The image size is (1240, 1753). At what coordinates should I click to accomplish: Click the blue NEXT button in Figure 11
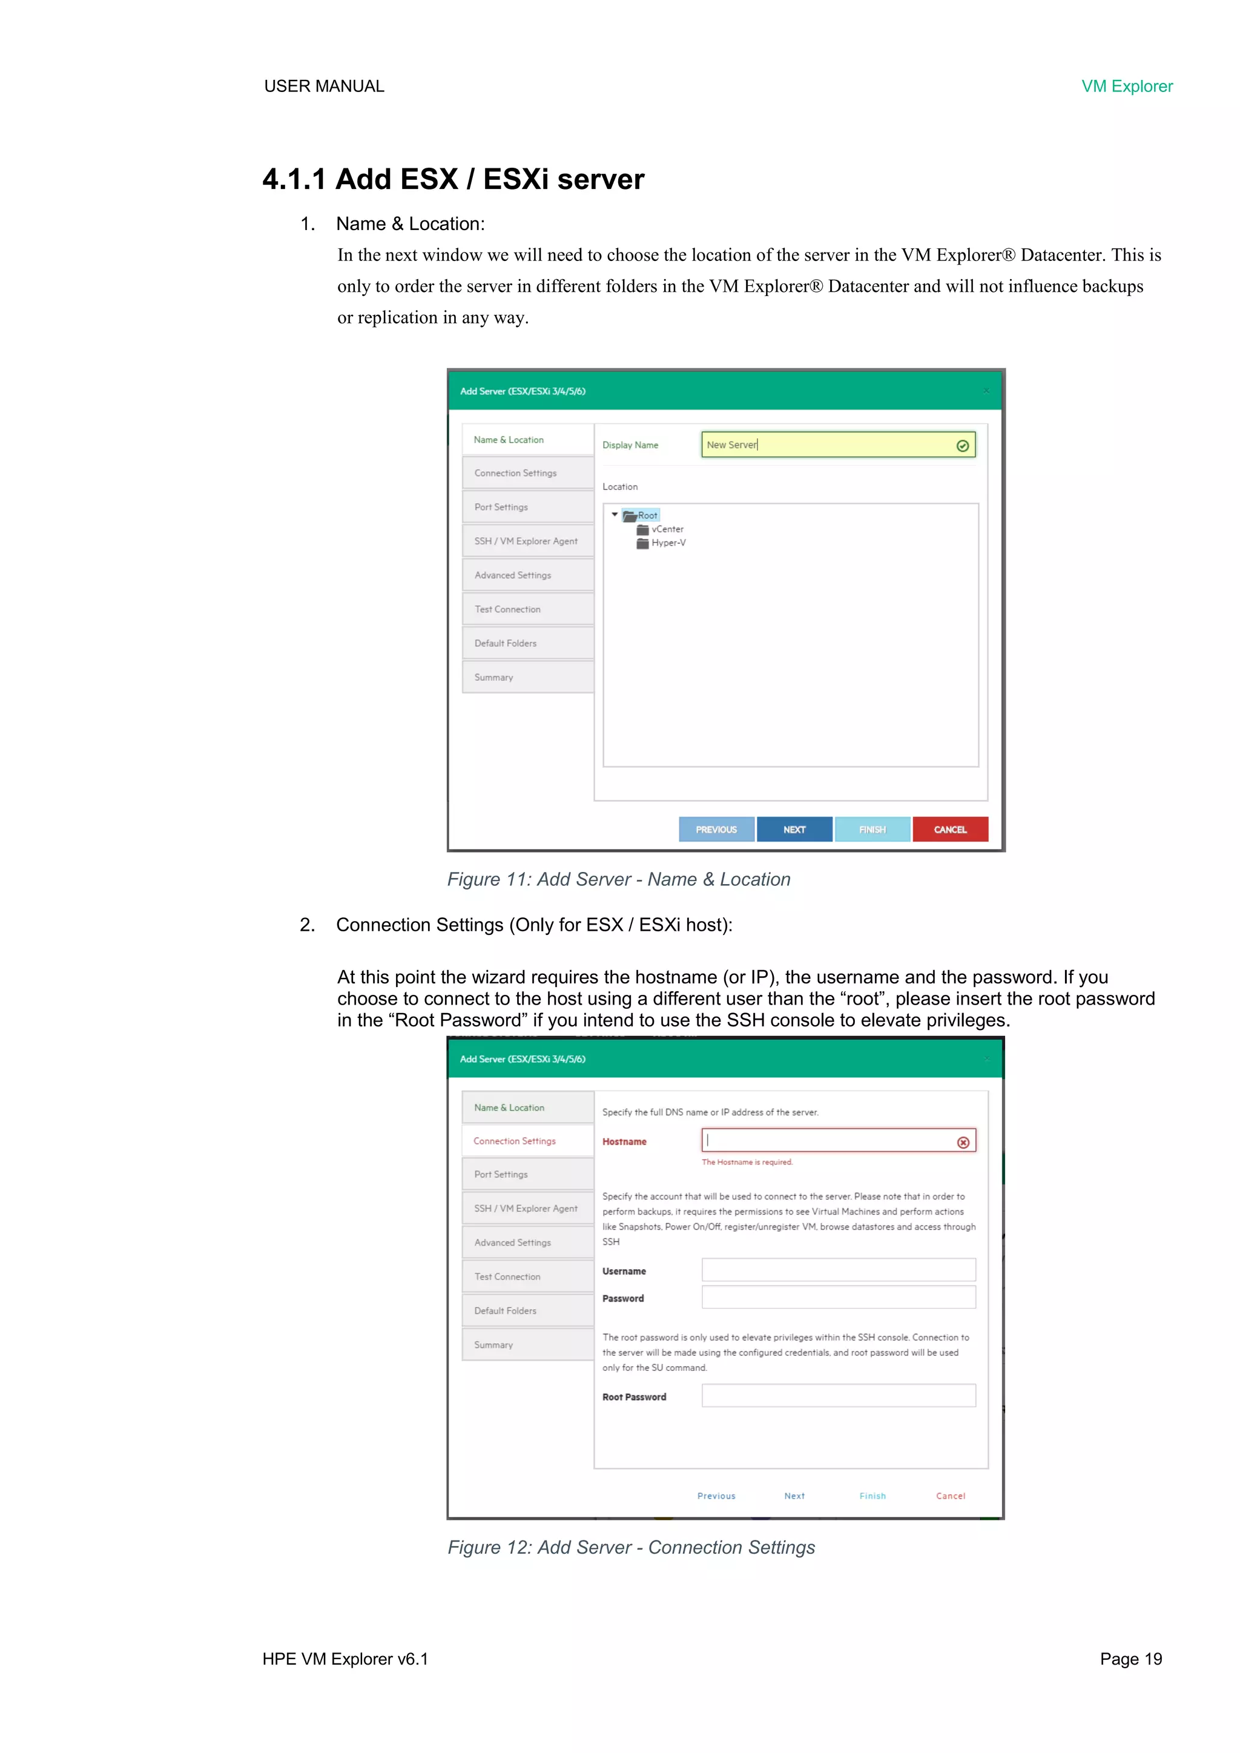pyautogui.click(x=794, y=829)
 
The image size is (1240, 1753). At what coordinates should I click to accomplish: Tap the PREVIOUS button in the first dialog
pyautogui.click(x=716, y=829)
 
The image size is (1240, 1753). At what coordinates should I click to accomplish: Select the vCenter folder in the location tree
pyautogui.click(x=667, y=529)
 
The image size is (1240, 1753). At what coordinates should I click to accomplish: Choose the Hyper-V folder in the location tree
pyautogui.click(x=667, y=543)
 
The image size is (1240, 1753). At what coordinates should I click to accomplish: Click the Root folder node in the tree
pyautogui.click(x=646, y=515)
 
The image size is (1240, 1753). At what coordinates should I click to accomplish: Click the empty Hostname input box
pyautogui.click(x=828, y=1141)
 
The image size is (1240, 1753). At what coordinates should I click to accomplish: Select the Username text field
pyautogui.click(x=839, y=1270)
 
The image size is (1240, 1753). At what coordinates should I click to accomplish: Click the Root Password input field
pyautogui.click(x=839, y=1396)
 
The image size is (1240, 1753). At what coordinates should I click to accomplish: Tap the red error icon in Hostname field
pyautogui.click(x=963, y=1142)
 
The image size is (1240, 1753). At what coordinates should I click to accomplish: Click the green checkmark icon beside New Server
pyautogui.click(x=962, y=446)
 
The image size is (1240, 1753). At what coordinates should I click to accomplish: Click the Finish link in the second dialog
pyautogui.click(x=872, y=1496)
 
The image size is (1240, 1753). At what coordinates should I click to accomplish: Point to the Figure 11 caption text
pyautogui.click(x=618, y=880)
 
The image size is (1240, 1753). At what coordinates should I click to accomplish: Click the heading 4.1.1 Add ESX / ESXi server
pyautogui.click(x=453, y=179)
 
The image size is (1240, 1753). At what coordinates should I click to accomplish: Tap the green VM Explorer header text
pyautogui.click(x=1126, y=86)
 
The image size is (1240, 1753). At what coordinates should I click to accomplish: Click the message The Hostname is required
pyautogui.click(x=747, y=1162)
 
